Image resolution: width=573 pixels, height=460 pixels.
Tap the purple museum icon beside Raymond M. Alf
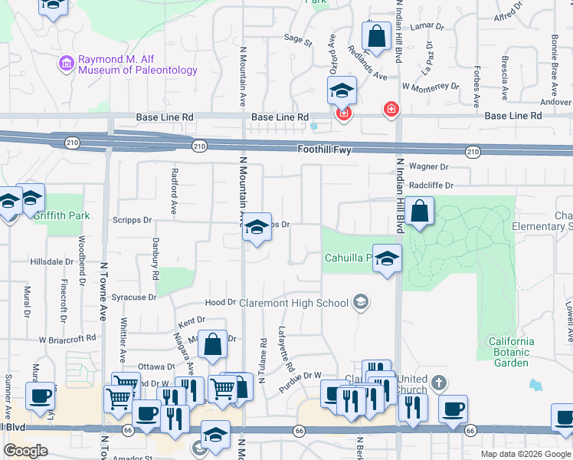[66, 61]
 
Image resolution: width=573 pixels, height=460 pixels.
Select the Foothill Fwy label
[325, 150]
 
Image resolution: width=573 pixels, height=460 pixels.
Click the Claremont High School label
[293, 303]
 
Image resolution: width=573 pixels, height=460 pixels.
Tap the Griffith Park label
[61, 215]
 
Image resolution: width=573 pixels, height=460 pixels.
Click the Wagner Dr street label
[428, 166]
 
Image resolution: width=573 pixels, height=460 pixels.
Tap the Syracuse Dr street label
[134, 297]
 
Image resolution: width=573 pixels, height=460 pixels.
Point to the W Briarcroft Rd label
[67, 337]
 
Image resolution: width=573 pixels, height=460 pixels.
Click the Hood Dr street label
[221, 303]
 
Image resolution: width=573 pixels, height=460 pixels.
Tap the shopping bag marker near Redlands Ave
[376, 35]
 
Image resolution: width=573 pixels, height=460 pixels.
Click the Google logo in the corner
[26, 451]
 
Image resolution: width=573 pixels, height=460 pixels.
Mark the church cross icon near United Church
[437, 382]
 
